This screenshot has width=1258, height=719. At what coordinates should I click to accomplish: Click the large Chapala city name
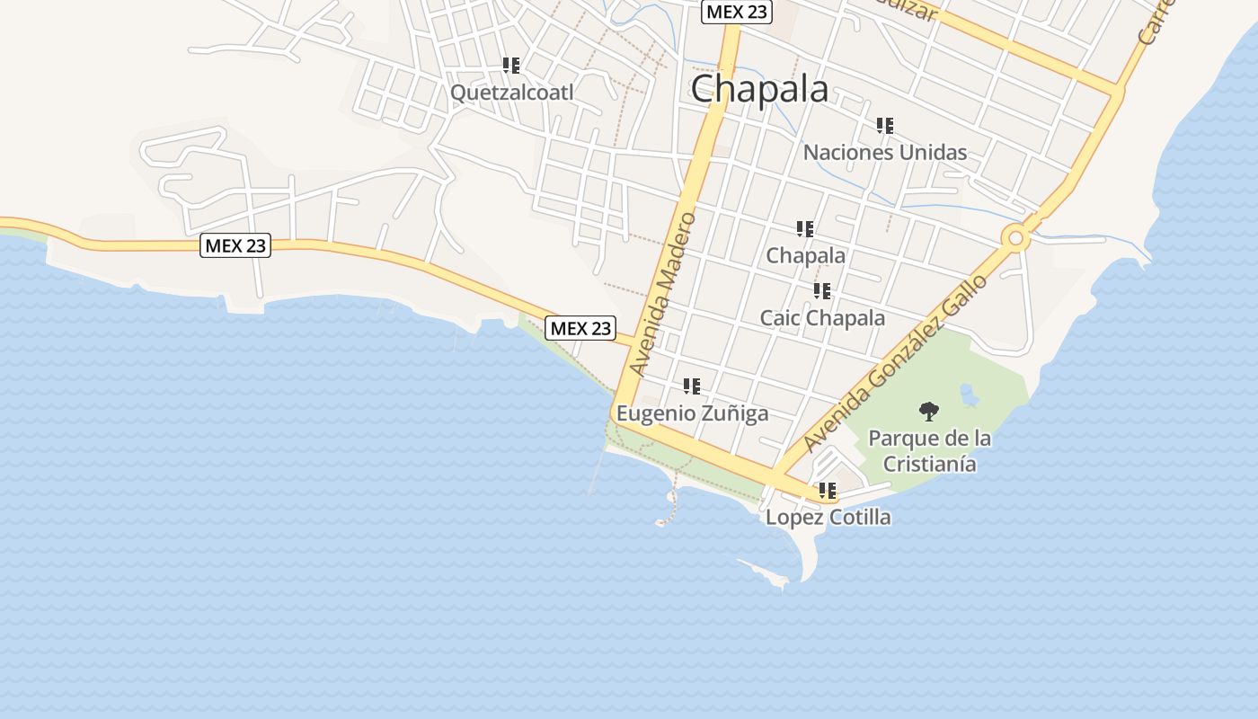759,89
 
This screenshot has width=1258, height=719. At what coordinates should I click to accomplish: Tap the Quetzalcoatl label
511,93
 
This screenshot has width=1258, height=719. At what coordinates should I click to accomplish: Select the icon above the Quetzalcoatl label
511,66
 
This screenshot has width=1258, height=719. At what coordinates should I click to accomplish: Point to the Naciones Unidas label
884,152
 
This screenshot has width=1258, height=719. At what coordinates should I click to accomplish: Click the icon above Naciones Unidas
885,126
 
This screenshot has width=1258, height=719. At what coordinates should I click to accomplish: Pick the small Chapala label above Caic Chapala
805,255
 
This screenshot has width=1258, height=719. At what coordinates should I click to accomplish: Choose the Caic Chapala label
822,318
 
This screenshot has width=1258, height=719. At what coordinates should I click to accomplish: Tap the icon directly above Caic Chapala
822,291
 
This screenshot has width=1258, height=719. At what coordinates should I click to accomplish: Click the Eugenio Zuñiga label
692,413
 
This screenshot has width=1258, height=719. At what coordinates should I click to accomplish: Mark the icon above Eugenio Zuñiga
692,386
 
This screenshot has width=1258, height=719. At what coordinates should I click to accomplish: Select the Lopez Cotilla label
828,517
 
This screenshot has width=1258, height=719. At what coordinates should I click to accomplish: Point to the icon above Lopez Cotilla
828,491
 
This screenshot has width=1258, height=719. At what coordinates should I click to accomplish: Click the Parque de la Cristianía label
929,451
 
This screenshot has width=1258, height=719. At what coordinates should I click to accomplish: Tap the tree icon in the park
929,412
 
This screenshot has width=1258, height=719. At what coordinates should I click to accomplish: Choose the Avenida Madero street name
663,294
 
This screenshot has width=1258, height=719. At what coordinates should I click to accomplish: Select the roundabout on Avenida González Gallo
1016,238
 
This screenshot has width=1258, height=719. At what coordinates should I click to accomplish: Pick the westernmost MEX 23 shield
235,245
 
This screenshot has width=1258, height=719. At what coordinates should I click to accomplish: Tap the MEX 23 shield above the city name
737,12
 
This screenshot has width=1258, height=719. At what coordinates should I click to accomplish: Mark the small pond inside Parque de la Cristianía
969,394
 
